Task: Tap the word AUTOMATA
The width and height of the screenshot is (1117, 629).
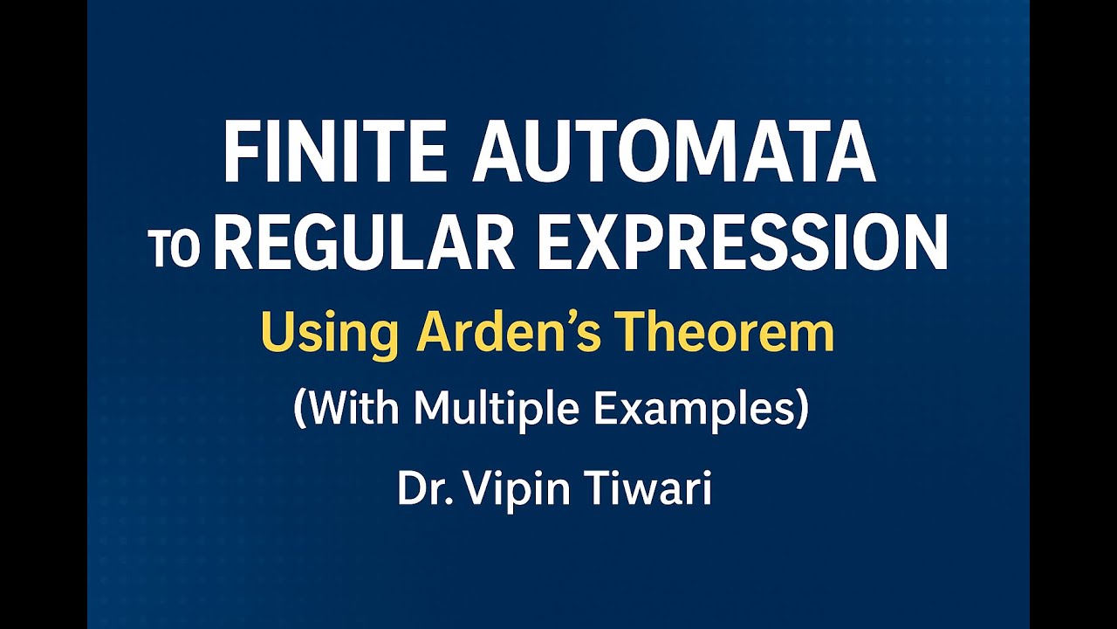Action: tap(674, 154)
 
